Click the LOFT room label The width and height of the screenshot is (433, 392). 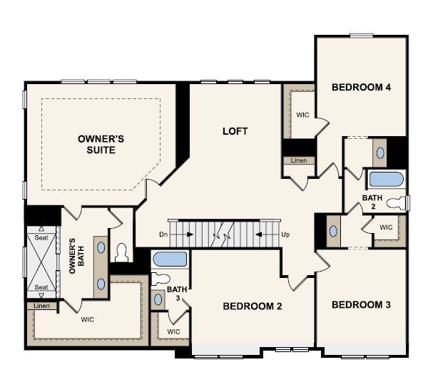coord(235,131)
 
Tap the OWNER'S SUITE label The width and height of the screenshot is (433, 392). coord(101,144)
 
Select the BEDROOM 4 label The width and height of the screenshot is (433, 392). coord(361,87)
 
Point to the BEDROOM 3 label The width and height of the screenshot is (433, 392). coord(361,304)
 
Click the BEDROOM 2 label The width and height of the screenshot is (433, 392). coord(253,306)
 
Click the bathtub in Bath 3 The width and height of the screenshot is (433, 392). coord(170,259)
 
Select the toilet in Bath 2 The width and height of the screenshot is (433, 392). coord(397,202)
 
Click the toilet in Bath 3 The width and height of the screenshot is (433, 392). coord(161,279)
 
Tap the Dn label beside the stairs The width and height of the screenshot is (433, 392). coord(163,234)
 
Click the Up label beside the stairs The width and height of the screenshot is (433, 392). coord(285,234)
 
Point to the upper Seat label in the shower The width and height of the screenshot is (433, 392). coord(41,237)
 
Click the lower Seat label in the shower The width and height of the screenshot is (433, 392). coord(41,287)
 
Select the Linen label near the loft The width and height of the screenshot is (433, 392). coord(299,160)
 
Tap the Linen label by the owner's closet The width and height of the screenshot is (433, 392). coord(41,306)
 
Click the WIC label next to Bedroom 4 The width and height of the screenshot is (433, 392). coord(302,115)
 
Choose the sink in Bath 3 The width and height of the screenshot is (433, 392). coord(158,300)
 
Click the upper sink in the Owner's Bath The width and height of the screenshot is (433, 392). coord(101,247)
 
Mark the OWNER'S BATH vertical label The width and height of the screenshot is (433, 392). coord(76,256)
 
